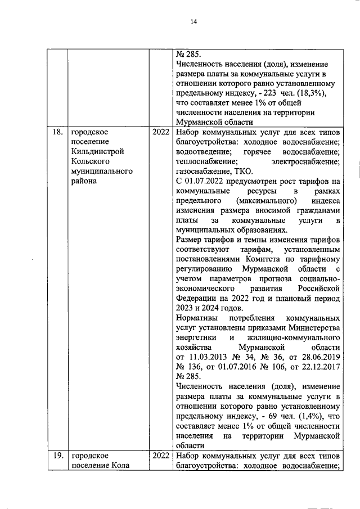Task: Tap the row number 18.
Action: pos(56,132)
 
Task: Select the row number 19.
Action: pos(56,456)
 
